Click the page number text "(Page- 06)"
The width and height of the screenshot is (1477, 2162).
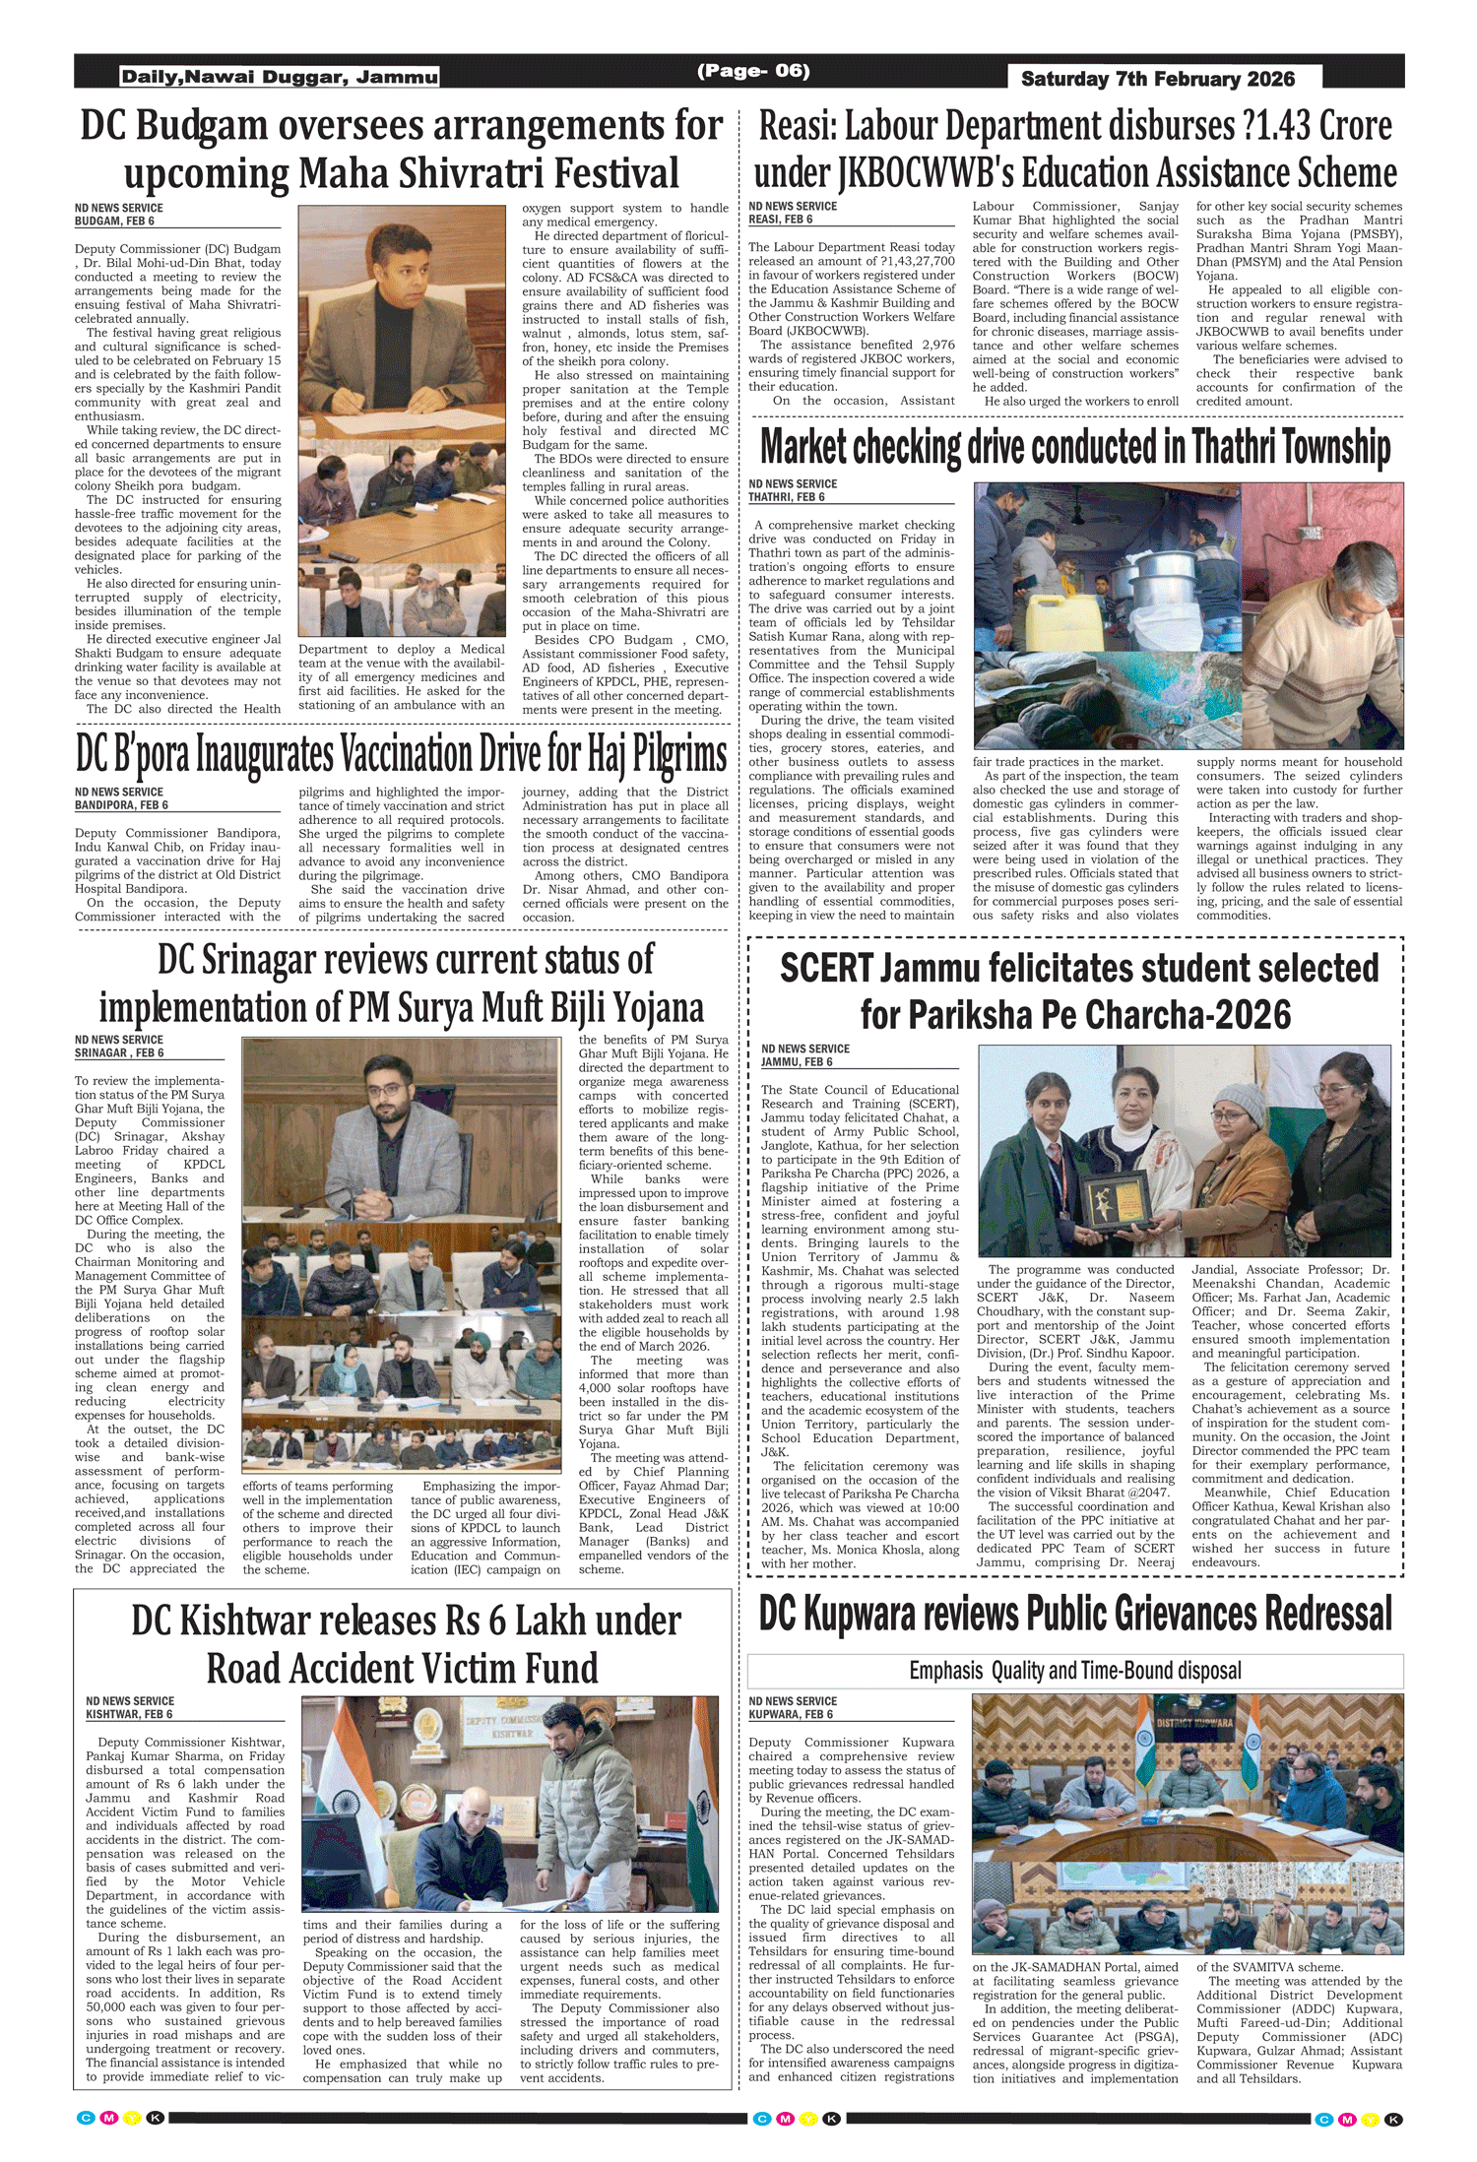click(752, 71)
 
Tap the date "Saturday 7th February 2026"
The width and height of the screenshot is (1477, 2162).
click(1157, 79)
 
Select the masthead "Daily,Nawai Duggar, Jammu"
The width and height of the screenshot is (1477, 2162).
click(279, 77)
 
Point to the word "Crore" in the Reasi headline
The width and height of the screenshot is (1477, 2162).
click(1356, 126)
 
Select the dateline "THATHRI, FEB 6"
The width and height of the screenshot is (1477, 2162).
click(787, 497)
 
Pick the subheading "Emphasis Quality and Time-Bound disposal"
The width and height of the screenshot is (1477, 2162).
click(1074, 1671)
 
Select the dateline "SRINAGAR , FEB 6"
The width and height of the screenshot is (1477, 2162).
click(119, 1052)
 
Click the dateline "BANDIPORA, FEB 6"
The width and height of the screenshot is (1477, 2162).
click(121, 804)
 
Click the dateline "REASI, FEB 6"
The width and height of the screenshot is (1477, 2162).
click(781, 220)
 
